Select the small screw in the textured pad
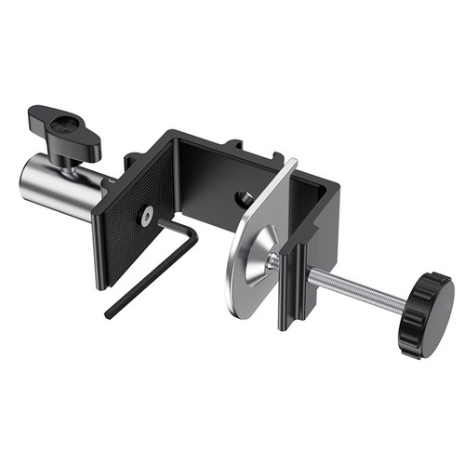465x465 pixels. [147, 216]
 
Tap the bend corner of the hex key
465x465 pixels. [193, 237]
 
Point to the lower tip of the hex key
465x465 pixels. [109, 313]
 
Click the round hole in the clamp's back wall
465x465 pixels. [244, 197]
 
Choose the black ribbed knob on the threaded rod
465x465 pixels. [426, 314]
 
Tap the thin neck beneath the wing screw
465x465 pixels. [70, 164]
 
